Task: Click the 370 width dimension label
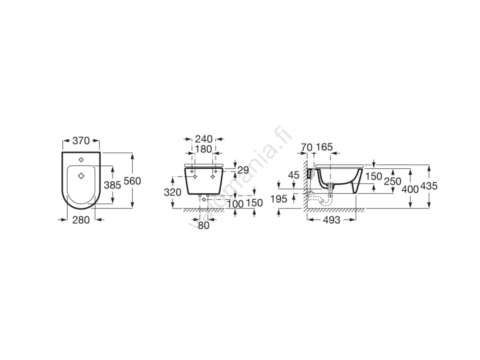(81, 141)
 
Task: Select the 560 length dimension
(132, 181)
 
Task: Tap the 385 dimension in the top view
(112, 185)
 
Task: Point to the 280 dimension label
(81, 220)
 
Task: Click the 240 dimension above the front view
(204, 139)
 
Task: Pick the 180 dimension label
(204, 149)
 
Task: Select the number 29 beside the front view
(243, 170)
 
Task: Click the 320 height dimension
(172, 192)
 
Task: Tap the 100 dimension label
(235, 204)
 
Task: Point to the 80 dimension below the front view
(203, 225)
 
